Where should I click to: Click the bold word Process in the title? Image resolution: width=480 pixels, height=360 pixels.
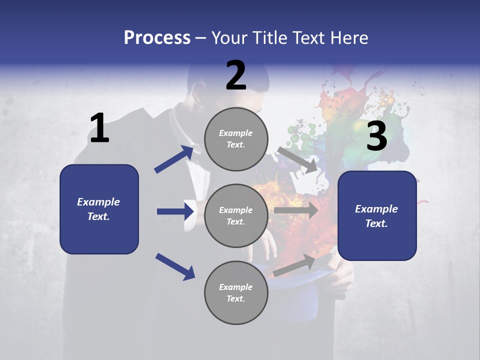click(x=157, y=38)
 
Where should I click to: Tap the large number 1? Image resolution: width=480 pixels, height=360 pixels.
click(x=99, y=128)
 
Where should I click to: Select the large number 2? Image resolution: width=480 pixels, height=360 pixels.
click(x=236, y=75)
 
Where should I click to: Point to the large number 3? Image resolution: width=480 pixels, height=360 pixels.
click(x=377, y=136)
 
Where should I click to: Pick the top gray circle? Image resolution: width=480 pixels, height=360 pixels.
click(x=236, y=138)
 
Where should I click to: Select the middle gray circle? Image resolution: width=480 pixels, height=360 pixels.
click(x=236, y=215)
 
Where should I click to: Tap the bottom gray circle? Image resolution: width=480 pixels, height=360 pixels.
click(x=236, y=292)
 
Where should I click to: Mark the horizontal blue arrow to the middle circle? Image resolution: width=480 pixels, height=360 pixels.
click(x=175, y=211)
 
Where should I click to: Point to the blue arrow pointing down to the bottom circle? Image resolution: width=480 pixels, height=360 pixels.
click(x=175, y=266)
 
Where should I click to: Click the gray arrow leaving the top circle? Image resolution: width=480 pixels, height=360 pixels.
click(x=297, y=160)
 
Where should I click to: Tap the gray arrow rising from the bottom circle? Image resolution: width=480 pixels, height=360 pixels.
click(x=294, y=265)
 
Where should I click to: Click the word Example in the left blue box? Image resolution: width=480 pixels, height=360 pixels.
click(x=98, y=202)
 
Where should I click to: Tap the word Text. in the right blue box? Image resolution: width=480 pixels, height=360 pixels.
click(x=376, y=223)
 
